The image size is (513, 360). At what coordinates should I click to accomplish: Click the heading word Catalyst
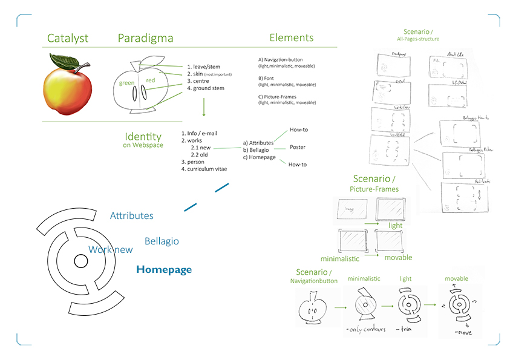68,39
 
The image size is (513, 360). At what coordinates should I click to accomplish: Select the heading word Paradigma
145,39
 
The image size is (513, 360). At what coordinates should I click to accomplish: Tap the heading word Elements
292,38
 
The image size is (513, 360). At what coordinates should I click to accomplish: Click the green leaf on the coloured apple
64,61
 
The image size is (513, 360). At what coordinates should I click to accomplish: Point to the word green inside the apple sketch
126,83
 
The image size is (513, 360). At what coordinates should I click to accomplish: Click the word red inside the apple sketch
150,79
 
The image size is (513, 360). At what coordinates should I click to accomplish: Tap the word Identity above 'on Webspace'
143,137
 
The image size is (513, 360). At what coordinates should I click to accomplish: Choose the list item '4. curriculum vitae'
204,169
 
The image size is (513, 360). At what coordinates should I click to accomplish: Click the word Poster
298,147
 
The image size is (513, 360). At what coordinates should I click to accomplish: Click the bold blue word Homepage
164,270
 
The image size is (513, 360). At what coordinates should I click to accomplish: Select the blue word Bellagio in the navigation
162,241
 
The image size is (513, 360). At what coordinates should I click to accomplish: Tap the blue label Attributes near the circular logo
131,216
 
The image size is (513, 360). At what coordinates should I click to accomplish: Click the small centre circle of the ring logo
80,261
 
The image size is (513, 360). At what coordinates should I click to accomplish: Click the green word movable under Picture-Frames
398,258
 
